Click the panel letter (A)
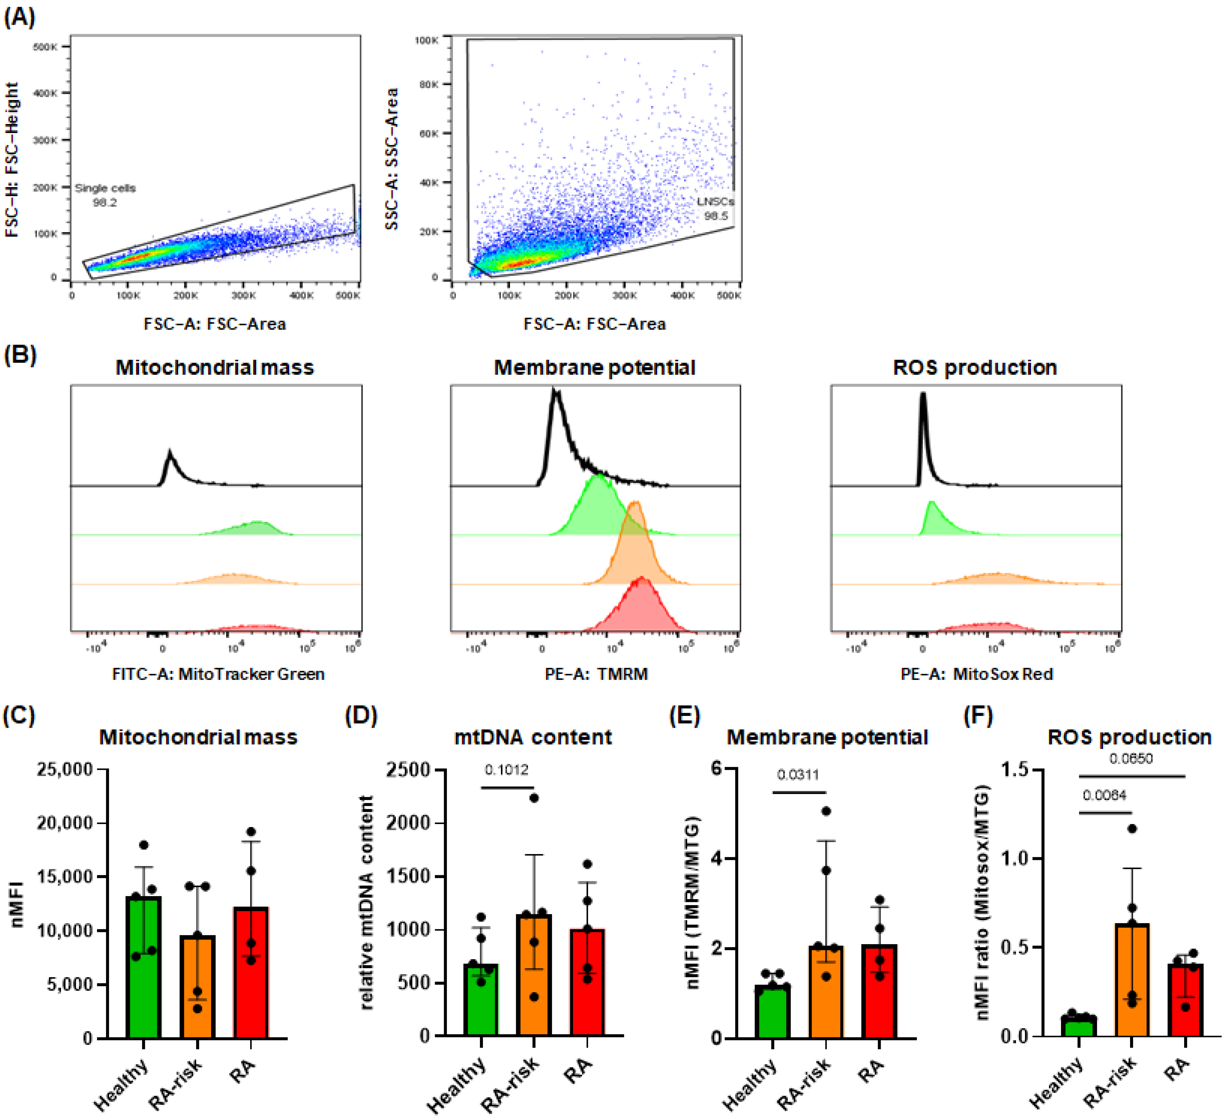[19, 17]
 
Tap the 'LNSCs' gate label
[715, 201]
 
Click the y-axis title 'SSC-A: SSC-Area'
[392, 158]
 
